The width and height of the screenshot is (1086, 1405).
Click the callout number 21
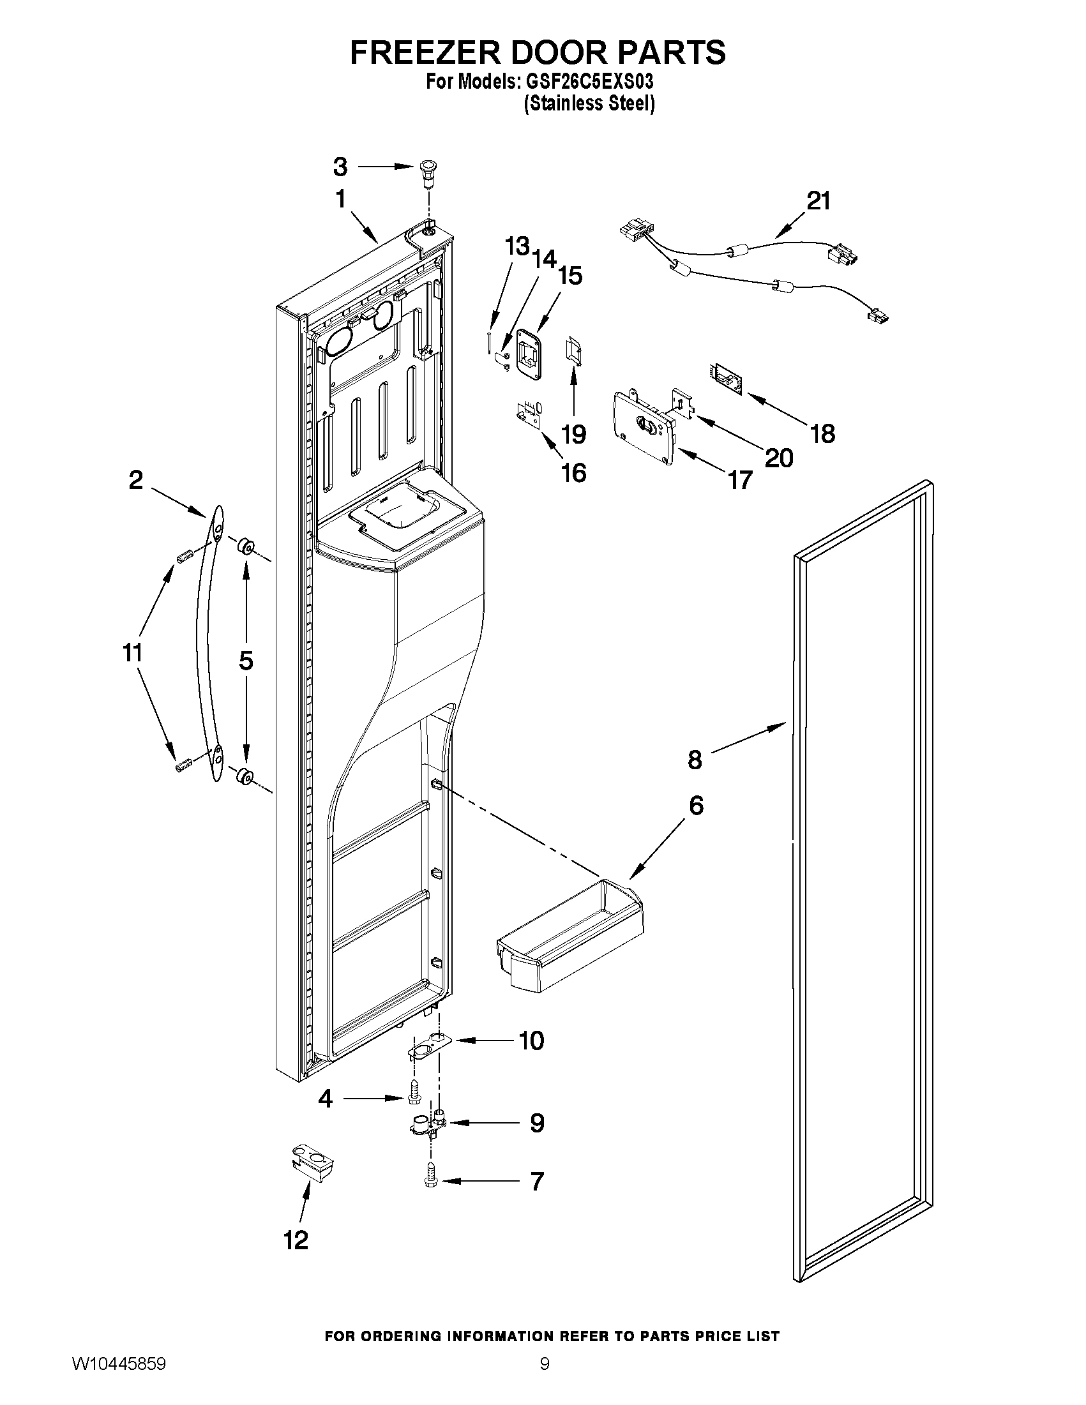[x=819, y=200]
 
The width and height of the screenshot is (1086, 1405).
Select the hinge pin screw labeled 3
[x=426, y=172]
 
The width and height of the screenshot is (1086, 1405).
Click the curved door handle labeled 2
[x=207, y=643]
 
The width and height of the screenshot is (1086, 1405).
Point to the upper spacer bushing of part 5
[x=245, y=547]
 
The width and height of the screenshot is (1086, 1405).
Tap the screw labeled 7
[x=430, y=1180]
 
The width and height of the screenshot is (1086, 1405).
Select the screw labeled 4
[x=415, y=1099]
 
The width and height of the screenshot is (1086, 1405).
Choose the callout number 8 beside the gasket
[x=695, y=759]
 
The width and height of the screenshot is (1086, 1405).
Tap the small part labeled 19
[x=572, y=350]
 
